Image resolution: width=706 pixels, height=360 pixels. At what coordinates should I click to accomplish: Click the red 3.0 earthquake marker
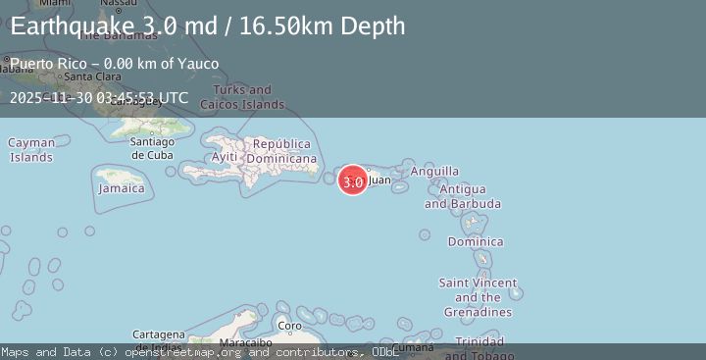coord(353,180)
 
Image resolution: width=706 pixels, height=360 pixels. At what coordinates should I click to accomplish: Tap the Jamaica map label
coord(121,188)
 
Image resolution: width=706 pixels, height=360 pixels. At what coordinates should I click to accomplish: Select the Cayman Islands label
coord(31,149)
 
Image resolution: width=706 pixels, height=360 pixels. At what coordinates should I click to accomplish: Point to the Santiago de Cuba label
coord(152,148)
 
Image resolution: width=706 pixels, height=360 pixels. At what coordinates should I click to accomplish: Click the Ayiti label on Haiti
coord(225,157)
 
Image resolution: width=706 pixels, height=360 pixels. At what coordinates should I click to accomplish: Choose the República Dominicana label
coord(281,151)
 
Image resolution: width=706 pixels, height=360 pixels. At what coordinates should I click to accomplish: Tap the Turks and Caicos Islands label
coord(250,97)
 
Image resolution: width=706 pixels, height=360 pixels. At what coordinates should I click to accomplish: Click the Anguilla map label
coord(434,172)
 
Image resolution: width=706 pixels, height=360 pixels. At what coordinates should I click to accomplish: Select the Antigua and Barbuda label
coord(463,196)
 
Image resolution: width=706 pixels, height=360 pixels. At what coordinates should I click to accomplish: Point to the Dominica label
coord(476,241)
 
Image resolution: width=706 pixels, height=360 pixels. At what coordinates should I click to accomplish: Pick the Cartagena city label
coord(157,334)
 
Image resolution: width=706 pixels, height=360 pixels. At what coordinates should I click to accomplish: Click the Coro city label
coord(289,326)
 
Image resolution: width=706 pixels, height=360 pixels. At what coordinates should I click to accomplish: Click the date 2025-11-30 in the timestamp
coord(50,97)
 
